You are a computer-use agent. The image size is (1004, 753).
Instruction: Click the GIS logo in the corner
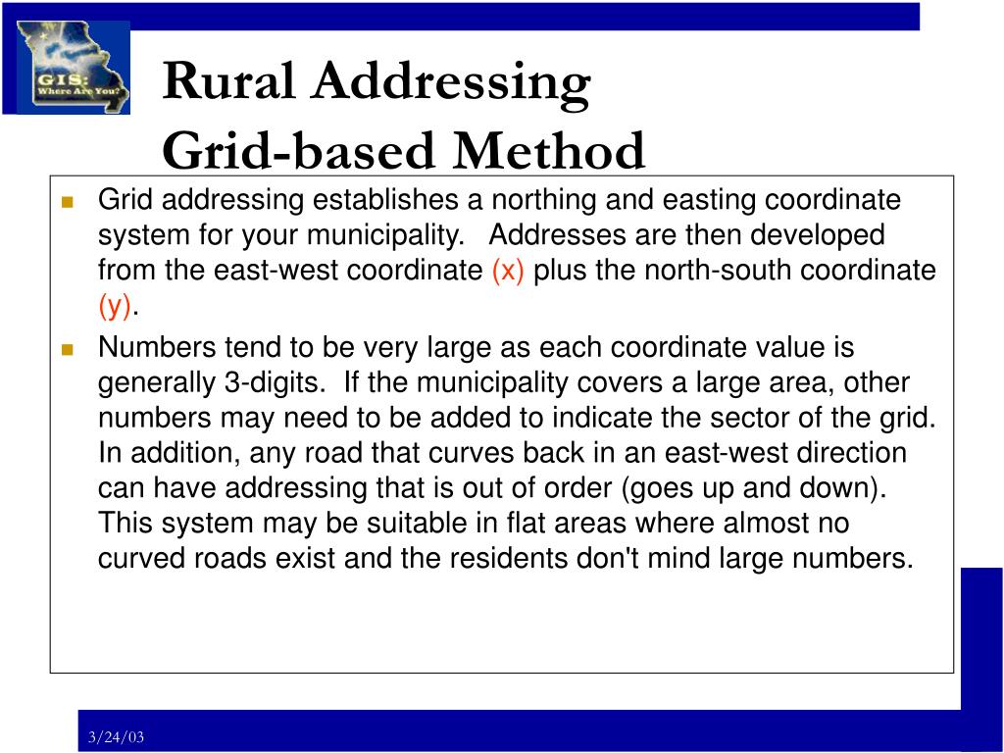point(74,68)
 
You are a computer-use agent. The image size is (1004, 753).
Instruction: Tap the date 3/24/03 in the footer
point(116,737)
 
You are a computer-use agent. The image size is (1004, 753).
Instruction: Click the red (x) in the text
point(508,271)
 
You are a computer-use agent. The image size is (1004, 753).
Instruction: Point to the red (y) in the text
point(115,306)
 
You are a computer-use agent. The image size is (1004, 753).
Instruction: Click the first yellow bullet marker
point(68,202)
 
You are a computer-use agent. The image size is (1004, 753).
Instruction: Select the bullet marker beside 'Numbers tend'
point(68,349)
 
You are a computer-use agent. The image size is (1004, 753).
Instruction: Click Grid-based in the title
point(294,151)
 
